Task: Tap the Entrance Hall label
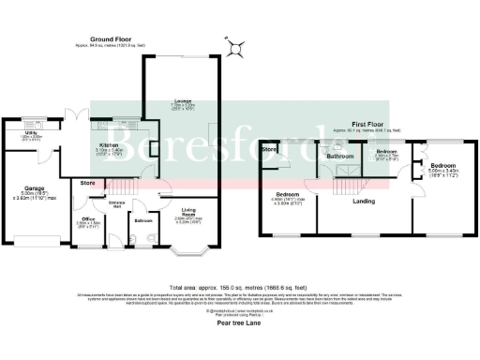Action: click(x=118, y=204)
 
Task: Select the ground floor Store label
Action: click(x=88, y=182)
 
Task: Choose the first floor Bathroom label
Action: click(x=338, y=156)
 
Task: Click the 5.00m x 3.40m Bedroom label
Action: click(x=442, y=165)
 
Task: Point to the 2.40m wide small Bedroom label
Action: click(x=387, y=152)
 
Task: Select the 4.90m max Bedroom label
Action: click(x=286, y=195)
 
